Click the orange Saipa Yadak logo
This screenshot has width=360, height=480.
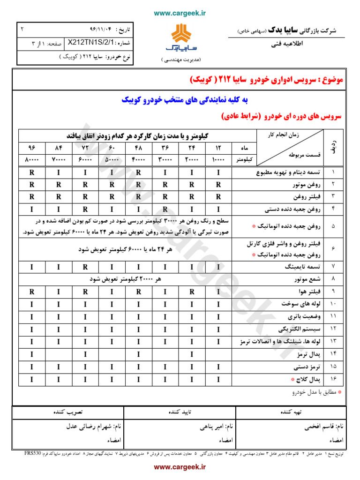coord(180,38)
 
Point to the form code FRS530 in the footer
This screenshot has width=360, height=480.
coord(33,454)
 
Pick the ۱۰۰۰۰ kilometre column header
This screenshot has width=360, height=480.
coord(219,159)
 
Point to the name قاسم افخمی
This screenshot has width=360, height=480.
coord(321,427)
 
